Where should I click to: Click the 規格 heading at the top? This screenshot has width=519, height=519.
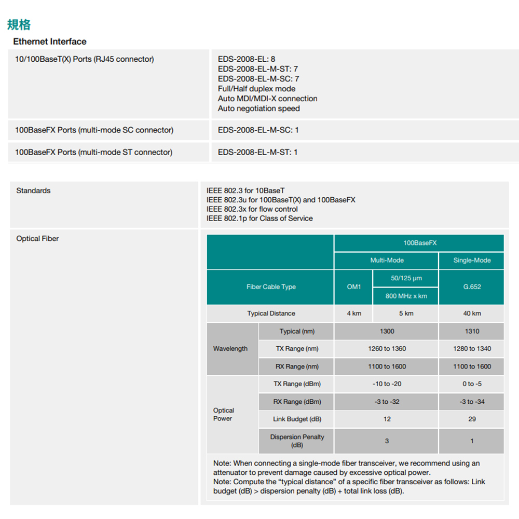click(19, 24)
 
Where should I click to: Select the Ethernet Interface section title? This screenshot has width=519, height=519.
click(50, 42)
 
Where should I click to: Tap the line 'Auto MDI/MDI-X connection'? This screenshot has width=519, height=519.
click(267, 99)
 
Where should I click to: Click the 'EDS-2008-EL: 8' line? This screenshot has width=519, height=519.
click(247, 59)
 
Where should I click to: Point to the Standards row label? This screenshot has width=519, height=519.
click(33, 190)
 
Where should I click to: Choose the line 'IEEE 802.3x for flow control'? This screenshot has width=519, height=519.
click(252, 209)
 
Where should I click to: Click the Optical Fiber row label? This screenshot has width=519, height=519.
click(37, 239)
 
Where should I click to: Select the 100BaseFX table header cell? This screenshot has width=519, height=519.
click(419, 243)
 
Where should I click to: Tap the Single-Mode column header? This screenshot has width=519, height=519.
click(472, 260)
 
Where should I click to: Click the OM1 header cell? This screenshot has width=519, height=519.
click(353, 286)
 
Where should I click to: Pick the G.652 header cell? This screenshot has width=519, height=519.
click(472, 286)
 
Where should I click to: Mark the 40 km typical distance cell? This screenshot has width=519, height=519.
click(472, 313)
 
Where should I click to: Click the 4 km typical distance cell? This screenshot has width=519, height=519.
click(353, 313)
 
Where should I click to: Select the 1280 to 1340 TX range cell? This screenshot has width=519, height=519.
click(472, 349)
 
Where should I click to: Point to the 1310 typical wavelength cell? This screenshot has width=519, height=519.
click(472, 331)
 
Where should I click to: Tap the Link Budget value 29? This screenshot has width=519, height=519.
click(472, 419)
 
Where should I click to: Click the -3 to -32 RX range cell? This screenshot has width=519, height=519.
click(387, 402)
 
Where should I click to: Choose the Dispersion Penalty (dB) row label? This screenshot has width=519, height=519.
click(297, 441)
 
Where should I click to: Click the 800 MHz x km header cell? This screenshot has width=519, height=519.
click(406, 296)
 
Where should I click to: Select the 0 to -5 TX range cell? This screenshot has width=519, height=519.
click(472, 384)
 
